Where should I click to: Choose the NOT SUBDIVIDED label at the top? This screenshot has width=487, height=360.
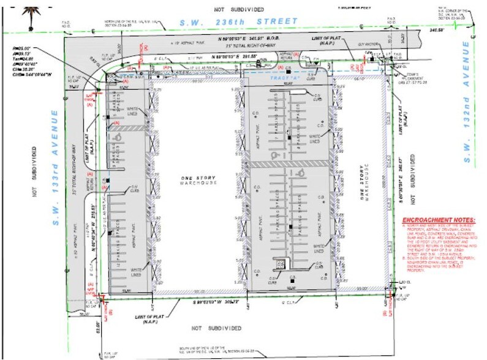point(239,9)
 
